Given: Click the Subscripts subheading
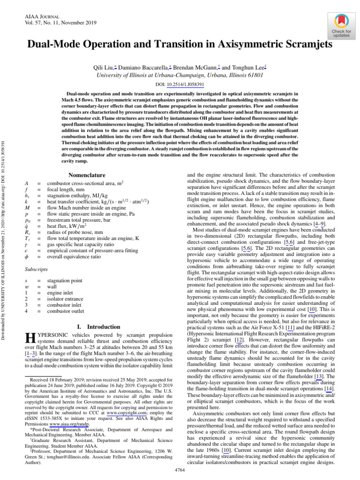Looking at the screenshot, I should pyautogui.click(x=36, y=270).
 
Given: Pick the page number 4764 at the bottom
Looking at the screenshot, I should pyautogui.click(x=180, y=469).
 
